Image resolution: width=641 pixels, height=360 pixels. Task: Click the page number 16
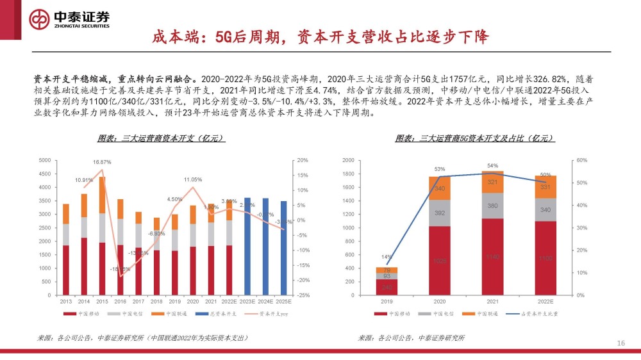(620, 343)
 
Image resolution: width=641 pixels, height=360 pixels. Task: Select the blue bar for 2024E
(265, 247)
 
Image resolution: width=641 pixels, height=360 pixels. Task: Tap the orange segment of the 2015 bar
(102, 195)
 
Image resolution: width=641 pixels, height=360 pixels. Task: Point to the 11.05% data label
(193, 179)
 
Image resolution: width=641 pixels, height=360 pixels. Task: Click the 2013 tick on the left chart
(65, 300)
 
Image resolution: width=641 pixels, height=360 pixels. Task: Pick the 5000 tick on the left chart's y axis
(46, 160)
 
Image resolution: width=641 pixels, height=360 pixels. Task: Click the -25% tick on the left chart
(303, 295)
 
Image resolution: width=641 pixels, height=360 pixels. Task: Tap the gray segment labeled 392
(440, 213)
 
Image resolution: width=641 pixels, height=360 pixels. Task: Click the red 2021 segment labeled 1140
(493, 257)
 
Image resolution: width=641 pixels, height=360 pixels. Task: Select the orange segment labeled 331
(545, 186)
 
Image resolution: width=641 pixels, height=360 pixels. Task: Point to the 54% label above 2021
(493, 166)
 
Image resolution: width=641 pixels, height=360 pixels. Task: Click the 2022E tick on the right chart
(545, 300)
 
